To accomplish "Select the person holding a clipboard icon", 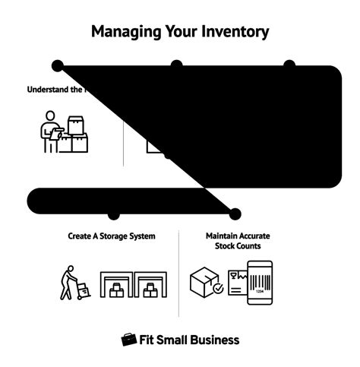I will (50, 132).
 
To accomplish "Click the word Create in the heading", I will (81, 236).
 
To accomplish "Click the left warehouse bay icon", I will (117, 285).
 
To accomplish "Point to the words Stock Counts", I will (238, 246).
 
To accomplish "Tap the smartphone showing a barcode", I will (260, 283).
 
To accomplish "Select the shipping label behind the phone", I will (237, 283).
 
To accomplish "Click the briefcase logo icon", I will (129, 340).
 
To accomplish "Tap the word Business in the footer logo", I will (213, 340).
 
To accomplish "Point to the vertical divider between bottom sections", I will (179, 274).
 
